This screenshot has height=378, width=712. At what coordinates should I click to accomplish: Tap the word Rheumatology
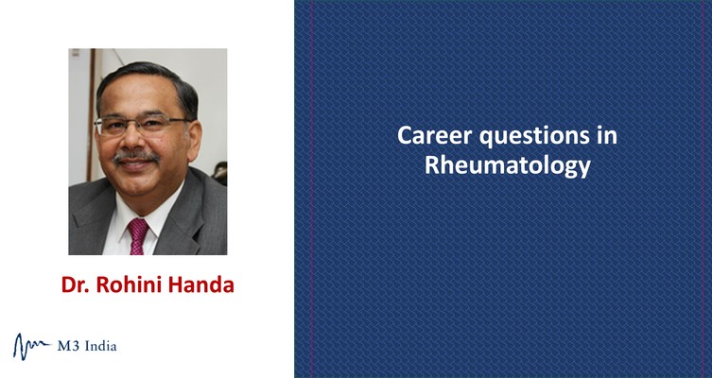[508, 166]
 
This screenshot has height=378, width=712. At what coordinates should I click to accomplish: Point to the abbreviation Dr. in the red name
[76, 284]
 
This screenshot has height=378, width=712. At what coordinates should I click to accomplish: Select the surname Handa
[201, 284]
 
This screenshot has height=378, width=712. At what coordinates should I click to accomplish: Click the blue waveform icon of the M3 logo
[31, 346]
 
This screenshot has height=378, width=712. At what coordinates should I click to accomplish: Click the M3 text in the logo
[68, 346]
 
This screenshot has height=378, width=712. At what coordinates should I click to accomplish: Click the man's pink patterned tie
[138, 236]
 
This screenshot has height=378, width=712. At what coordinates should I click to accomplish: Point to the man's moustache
[135, 156]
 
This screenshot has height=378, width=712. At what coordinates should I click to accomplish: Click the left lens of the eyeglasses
[113, 127]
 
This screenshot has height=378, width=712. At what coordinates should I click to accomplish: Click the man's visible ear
[194, 140]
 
